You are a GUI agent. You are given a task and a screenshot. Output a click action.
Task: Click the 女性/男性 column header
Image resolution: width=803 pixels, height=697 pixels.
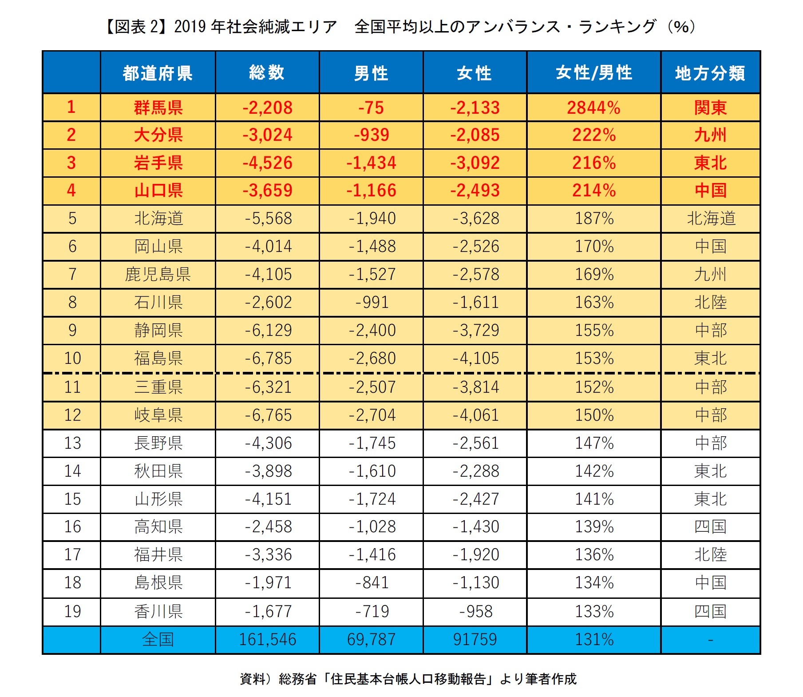click(593, 73)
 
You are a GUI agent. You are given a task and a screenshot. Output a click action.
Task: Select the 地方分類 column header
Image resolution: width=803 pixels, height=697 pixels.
click(710, 73)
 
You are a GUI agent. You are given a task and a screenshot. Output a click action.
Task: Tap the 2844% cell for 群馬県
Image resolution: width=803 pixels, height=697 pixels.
click(593, 108)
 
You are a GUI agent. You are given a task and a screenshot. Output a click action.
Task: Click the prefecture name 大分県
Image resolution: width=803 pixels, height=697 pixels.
click(158, 135)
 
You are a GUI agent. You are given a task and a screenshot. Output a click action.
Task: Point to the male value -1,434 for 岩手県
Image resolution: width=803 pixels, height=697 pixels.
click(371, 163)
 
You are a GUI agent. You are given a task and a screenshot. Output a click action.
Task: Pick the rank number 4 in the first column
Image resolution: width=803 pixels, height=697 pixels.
click(71, 191)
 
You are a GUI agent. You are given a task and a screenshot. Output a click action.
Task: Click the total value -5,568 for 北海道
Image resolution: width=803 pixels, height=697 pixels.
click(268, 219)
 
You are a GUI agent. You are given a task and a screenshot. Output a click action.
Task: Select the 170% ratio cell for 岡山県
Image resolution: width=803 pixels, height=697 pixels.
click(593, 247)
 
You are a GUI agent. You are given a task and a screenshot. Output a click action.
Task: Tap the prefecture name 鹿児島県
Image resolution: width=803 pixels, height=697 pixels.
click(158, 275)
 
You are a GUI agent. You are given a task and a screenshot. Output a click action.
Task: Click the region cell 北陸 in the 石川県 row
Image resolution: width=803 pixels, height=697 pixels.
click(710, 303)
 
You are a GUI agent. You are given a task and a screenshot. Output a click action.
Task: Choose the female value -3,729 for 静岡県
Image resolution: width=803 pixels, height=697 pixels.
click(475, 331)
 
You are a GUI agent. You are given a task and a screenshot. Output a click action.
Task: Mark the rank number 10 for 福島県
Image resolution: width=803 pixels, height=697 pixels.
click(72, 358)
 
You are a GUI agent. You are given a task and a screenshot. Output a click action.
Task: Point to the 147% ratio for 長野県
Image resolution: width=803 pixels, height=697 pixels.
click(593, 443)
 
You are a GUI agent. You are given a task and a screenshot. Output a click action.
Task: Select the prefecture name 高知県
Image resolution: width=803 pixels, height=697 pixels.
click(158, 527)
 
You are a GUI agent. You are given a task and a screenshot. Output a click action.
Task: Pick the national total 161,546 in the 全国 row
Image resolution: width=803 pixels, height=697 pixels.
click(268, 640)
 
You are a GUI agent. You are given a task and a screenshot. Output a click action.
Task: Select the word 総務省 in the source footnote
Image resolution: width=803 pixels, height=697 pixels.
click(298, 679)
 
